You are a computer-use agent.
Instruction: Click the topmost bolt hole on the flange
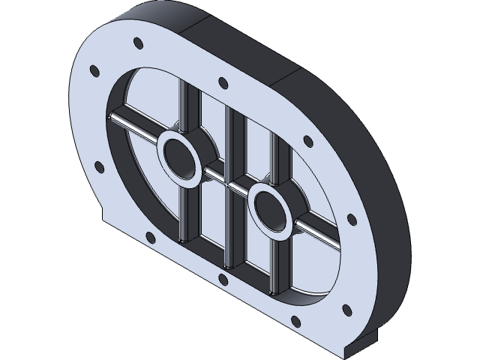[136, 42]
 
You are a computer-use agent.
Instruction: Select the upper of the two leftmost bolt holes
[94, 71]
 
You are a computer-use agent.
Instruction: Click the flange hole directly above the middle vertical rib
[223, 83]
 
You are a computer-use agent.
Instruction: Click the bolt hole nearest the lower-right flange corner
[346, 309]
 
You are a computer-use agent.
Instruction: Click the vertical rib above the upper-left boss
[183, 105]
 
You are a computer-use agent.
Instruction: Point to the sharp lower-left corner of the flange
[103, 222]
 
